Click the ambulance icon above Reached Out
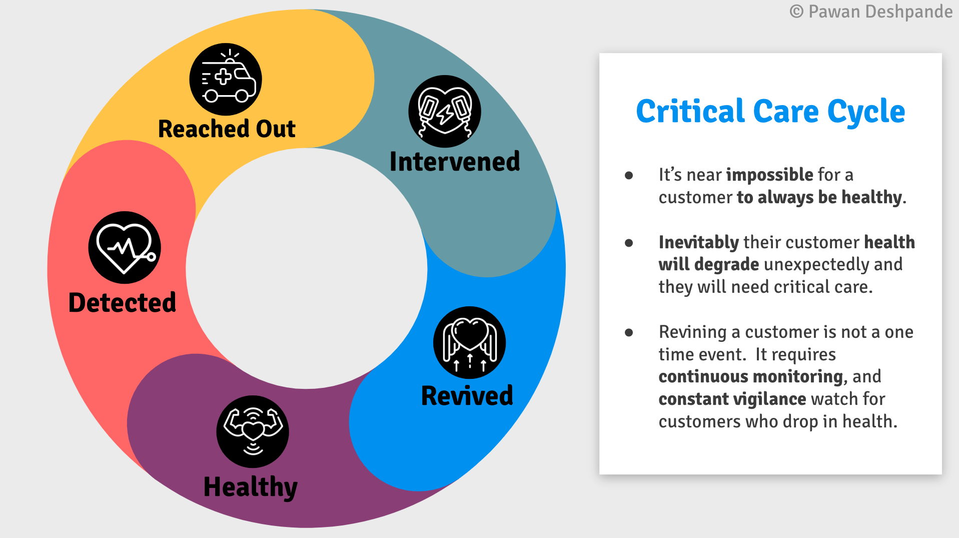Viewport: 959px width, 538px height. [226, 79]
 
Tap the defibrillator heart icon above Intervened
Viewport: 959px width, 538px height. [445, 111]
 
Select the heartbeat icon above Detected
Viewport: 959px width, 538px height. [125, 247]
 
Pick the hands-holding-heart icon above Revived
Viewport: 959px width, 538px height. [469, 342]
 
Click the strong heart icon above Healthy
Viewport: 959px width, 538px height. [253, 431]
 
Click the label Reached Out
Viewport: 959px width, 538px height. [227, 129]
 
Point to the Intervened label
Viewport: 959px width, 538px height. [455, 162]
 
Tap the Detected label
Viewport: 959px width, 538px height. [122, 302]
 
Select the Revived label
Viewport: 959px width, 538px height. [467, 395]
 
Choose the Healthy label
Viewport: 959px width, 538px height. [251, 487]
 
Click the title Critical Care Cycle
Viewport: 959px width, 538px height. [770, 112]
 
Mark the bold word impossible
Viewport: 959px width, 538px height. [769, 175]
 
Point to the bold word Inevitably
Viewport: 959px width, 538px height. [699, 243]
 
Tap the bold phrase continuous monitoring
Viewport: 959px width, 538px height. [751, 376]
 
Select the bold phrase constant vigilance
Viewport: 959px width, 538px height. [732, 399]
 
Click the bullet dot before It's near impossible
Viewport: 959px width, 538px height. [629, 175]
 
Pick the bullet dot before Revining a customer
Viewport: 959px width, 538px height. [629, 332]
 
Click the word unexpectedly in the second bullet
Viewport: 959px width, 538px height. [816, 265]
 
